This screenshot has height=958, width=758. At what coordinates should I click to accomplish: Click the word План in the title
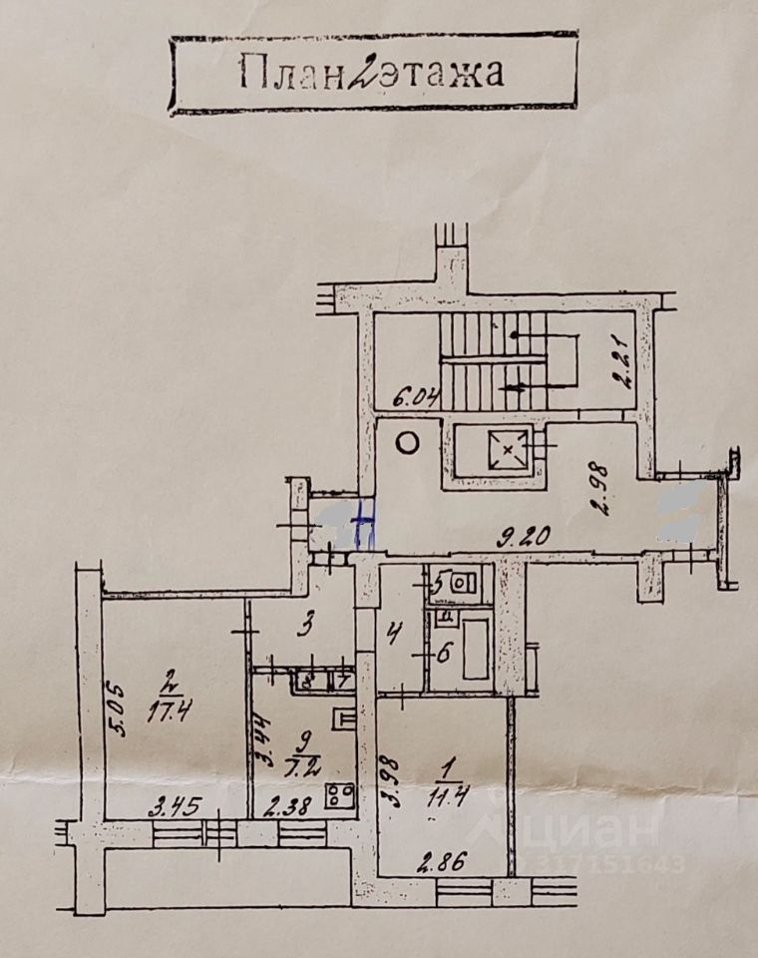tap(287, 73)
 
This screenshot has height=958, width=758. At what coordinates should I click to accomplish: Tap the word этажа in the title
tap(437, 73)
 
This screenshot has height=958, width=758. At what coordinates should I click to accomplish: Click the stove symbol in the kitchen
tap(339, 795)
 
